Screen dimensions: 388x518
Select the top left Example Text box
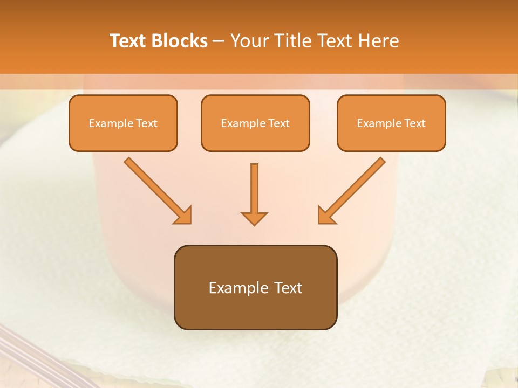(x=123, y=123)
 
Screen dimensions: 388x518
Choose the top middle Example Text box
(x=255, y=123)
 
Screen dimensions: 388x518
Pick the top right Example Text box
(x=391, y=123)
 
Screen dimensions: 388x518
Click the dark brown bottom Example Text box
(x=255, y=287)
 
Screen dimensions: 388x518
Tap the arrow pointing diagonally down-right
(x=157, y=190)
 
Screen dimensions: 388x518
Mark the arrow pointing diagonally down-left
(x=352, y=190)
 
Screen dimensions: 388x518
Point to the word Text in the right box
(x=415, y=123)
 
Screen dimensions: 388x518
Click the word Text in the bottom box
(x=289, y=288)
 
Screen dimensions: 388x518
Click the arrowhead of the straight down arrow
(x=254, y=218)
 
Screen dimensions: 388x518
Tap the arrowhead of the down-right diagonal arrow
(x=183, y=216)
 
